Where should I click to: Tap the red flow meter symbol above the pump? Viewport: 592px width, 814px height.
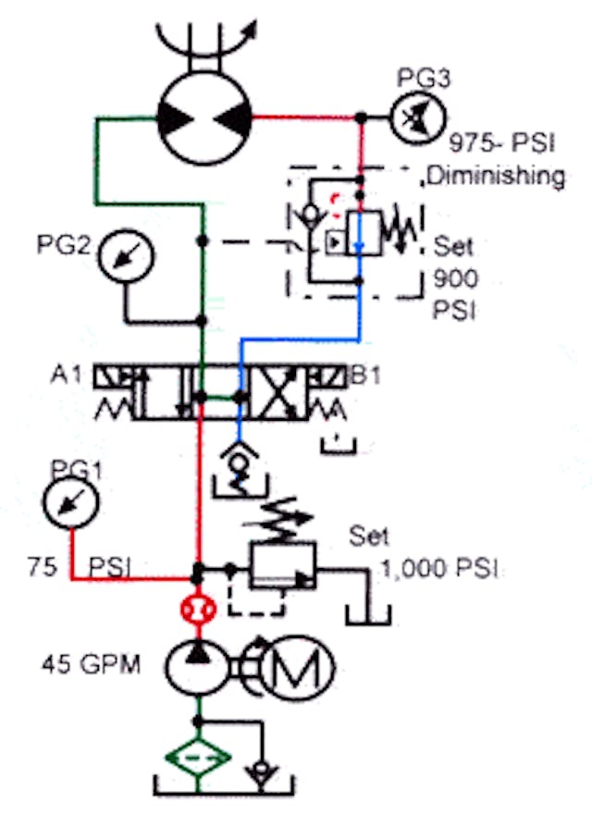(197, 610)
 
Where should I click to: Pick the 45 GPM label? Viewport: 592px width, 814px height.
(91, 664)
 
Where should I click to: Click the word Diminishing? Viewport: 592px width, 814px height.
(496, 176)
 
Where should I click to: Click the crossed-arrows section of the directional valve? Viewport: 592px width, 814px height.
(277, 392)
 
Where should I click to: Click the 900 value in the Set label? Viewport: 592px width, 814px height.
(453, 279)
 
